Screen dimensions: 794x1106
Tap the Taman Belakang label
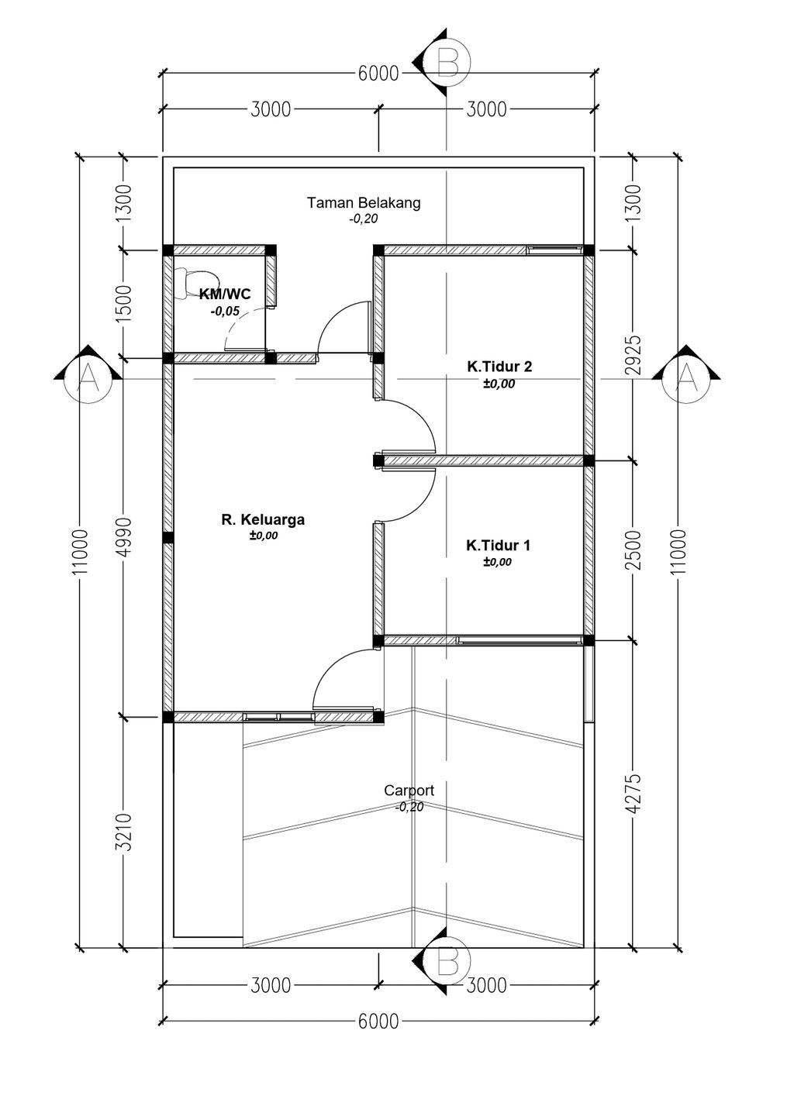[x=364, y=203]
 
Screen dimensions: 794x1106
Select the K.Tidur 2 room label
[x=499, y=367]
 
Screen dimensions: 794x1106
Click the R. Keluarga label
[x=263, y=519]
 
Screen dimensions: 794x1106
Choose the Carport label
[x=409, y=790]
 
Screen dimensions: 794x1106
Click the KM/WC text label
[x=225, y=295]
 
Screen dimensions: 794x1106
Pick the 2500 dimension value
[x=636, y=550]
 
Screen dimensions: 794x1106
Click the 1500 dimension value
[x=126, y=304]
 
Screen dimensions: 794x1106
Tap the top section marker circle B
[x=449, y=62]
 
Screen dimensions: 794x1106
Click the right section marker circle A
[x=685, y=379]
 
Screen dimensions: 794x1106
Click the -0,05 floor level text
[x=225, y=311]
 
